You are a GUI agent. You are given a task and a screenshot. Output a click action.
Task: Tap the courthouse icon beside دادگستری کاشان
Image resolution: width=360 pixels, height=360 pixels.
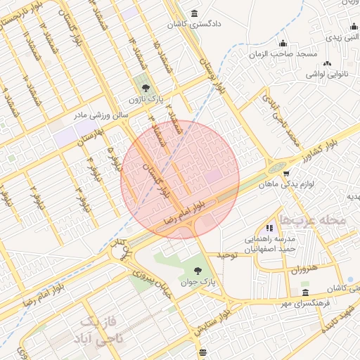pyautogui.click(x=194, y=13)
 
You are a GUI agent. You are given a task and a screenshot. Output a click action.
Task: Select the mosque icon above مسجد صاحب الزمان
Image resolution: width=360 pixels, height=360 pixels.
pyautogui.click(x=283, y=44)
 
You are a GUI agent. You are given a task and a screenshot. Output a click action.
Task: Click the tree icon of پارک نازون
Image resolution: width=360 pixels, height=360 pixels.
pyautogui.click(x=146, y=88)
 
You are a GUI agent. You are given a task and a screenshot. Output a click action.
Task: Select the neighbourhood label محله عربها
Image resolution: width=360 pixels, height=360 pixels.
pyautogui.click(x=314, y=219)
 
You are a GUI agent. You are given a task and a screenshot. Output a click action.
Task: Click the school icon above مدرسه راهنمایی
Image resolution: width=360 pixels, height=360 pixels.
pyautogui.click(x=269, y=228)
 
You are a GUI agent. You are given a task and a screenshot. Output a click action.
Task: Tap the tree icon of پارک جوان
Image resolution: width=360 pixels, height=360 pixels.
pyautogui.click(x=197, y=271)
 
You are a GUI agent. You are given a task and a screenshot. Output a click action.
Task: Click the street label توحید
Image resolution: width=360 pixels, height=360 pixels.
pyautogui.click(x=229, y=255)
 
